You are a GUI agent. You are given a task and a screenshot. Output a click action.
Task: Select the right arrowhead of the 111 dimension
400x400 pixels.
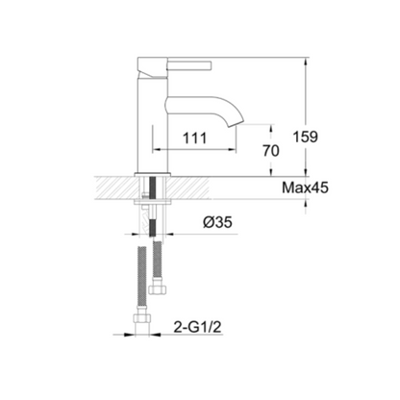(235, 149)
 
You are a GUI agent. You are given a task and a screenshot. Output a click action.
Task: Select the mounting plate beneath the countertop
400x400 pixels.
(153, 200)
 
